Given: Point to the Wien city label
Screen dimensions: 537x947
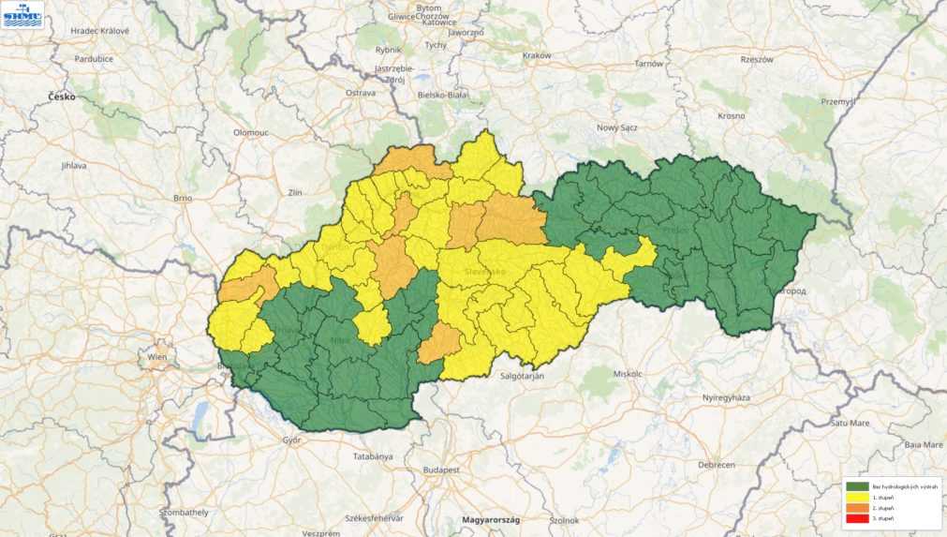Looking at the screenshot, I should (155, 357).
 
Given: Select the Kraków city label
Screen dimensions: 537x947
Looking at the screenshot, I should (537, 55).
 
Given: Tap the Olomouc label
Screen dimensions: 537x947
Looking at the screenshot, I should (251, 133).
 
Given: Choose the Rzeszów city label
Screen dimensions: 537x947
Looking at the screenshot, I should (757, 59).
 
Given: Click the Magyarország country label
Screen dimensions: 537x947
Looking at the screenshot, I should (489, 519).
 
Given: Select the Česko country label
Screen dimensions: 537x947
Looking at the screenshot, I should (64, 97).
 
